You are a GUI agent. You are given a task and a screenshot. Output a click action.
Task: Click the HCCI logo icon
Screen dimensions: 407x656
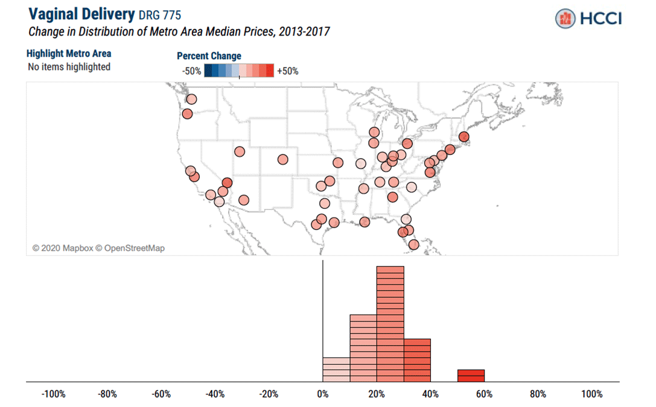pos(565,18)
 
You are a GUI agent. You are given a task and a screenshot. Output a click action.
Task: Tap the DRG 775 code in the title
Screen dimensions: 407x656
pos(159,15)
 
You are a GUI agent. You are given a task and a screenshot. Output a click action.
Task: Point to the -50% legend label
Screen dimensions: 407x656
pos(191,71)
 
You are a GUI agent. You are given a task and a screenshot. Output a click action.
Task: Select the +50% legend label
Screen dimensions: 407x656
pos(287,71)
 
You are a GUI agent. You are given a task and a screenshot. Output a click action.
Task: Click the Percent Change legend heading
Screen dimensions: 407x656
pos(209,56)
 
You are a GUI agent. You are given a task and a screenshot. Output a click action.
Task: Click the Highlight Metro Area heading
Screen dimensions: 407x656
pos(69,54)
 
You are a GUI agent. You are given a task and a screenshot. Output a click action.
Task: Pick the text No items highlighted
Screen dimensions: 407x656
pos(69,67)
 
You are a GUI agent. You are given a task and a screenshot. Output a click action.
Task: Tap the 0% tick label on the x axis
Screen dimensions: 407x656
pos(323,394)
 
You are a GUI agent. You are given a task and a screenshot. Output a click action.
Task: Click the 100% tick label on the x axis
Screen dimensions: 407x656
pos(591,394)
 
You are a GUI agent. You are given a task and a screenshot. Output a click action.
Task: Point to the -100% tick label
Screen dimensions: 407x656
pos(53,394)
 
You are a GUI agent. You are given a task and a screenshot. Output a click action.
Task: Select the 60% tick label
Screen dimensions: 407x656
pos(484,394)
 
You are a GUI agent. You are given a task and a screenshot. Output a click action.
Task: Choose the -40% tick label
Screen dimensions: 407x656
pos(214,394)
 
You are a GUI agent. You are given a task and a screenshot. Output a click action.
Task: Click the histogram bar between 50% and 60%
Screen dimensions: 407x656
pos(471,376)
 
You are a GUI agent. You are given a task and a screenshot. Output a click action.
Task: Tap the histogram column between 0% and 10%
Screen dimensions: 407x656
pos(336,370)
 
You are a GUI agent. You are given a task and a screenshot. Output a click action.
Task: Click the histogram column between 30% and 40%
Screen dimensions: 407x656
pos(417,361)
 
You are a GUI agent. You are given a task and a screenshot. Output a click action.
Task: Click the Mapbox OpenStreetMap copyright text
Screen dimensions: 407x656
pos(98,248)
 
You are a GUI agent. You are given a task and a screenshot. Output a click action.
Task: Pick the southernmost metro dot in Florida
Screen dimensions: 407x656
pos(413,244)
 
